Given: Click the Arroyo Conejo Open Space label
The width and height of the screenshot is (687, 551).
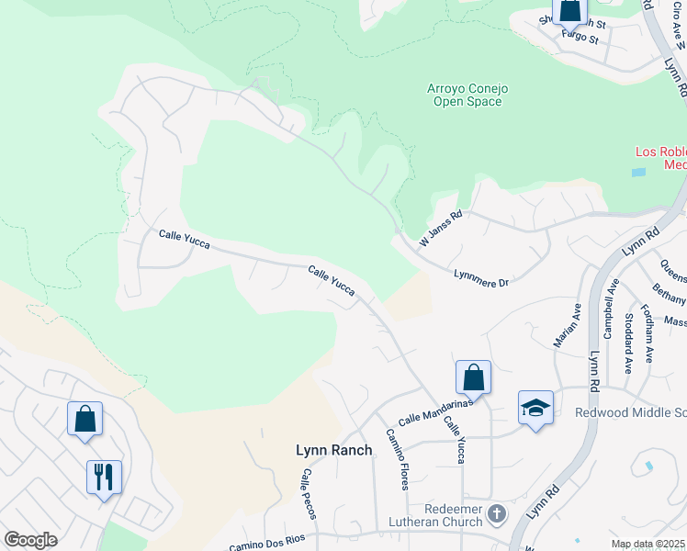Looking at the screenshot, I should click(x=467, y=95).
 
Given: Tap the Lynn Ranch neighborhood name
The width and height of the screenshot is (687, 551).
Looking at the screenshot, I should click(x=333, y=450).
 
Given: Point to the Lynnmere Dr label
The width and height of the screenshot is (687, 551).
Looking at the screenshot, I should click(x=480, y=277).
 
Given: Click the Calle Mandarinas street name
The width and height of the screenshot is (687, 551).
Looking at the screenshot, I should click(x=434, y=410).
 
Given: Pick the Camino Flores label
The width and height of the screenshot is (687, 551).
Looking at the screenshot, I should click(x=397, y=458).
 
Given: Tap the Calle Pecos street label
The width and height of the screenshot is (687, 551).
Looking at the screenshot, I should click(x=308, y=494).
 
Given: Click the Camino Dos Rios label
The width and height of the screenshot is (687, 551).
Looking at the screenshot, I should click(x=265, y=545).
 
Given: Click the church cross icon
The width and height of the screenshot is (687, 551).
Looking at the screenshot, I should click(x=497, y=513).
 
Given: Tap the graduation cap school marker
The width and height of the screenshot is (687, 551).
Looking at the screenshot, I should click(x=535, y=408).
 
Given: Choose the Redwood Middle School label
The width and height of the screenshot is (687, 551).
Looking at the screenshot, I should click(x=630, y=412).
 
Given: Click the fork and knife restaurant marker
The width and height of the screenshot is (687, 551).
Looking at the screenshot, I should click(x=103, y=477).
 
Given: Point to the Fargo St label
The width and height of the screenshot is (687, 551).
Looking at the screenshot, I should click(x=580, y=39).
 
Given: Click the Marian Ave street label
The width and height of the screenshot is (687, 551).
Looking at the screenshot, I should click(x=567, y=325).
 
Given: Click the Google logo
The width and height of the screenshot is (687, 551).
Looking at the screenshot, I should click(x=30, y=540).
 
